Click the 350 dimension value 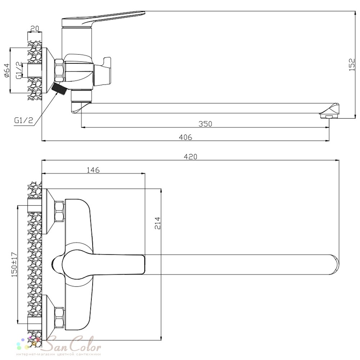coord(205,124)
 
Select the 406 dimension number coord(185,137)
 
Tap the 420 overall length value coord(190,157)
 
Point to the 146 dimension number coord(93,170)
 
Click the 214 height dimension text coord(158,223)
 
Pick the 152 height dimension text coord(352,64)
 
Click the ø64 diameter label coord(7,71)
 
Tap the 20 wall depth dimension coord(35,28)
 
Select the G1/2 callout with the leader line coord(24,120)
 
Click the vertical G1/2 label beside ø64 coord(19,70)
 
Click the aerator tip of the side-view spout coord(329,116)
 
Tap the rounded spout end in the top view coord(335,265)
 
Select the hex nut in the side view coord(59,71)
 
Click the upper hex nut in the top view coord(59,211)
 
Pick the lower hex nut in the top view coord(59,318)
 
